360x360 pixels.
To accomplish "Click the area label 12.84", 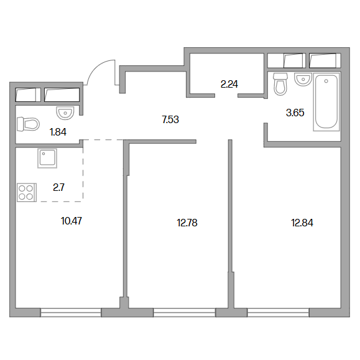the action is point(302,223).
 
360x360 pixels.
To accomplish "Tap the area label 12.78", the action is point(187,223).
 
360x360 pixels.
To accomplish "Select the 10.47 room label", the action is point(72,221).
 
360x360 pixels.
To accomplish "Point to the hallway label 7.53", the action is point(170,119).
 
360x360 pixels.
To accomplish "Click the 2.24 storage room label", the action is point(229,85).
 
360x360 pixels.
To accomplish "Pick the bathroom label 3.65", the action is point(295,113).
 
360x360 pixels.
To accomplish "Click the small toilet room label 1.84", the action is point(58,132).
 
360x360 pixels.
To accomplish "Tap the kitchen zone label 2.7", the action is point(59,187).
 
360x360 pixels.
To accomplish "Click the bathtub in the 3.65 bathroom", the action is point(326,102).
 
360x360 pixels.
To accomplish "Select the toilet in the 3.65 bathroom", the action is point(280,84).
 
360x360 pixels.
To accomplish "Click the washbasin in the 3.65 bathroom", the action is point(303,80).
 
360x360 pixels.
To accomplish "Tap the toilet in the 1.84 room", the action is point(28,124).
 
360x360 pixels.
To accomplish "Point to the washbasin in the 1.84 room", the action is point(65,113).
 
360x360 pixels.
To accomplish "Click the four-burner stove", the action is point(27,192).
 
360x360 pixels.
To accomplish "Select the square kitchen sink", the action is point(47,159).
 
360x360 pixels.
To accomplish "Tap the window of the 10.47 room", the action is point(71,313).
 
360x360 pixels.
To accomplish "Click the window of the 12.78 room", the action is point(185,313).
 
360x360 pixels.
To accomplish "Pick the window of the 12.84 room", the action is point(279,313).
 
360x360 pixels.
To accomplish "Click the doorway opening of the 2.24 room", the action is point(226,96).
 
